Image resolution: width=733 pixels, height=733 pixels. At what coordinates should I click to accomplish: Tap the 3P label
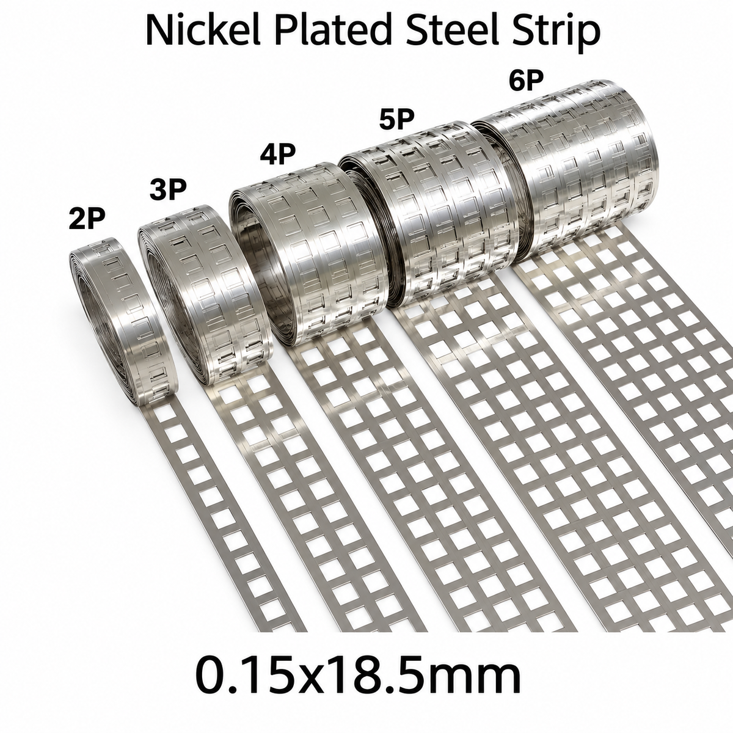[168, 190]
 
